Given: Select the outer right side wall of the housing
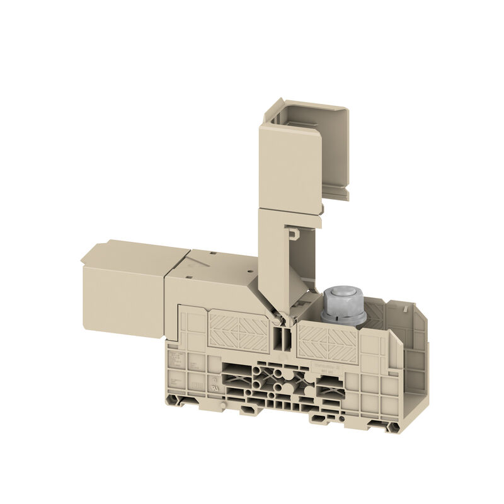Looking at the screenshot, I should (x=416, y=372).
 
